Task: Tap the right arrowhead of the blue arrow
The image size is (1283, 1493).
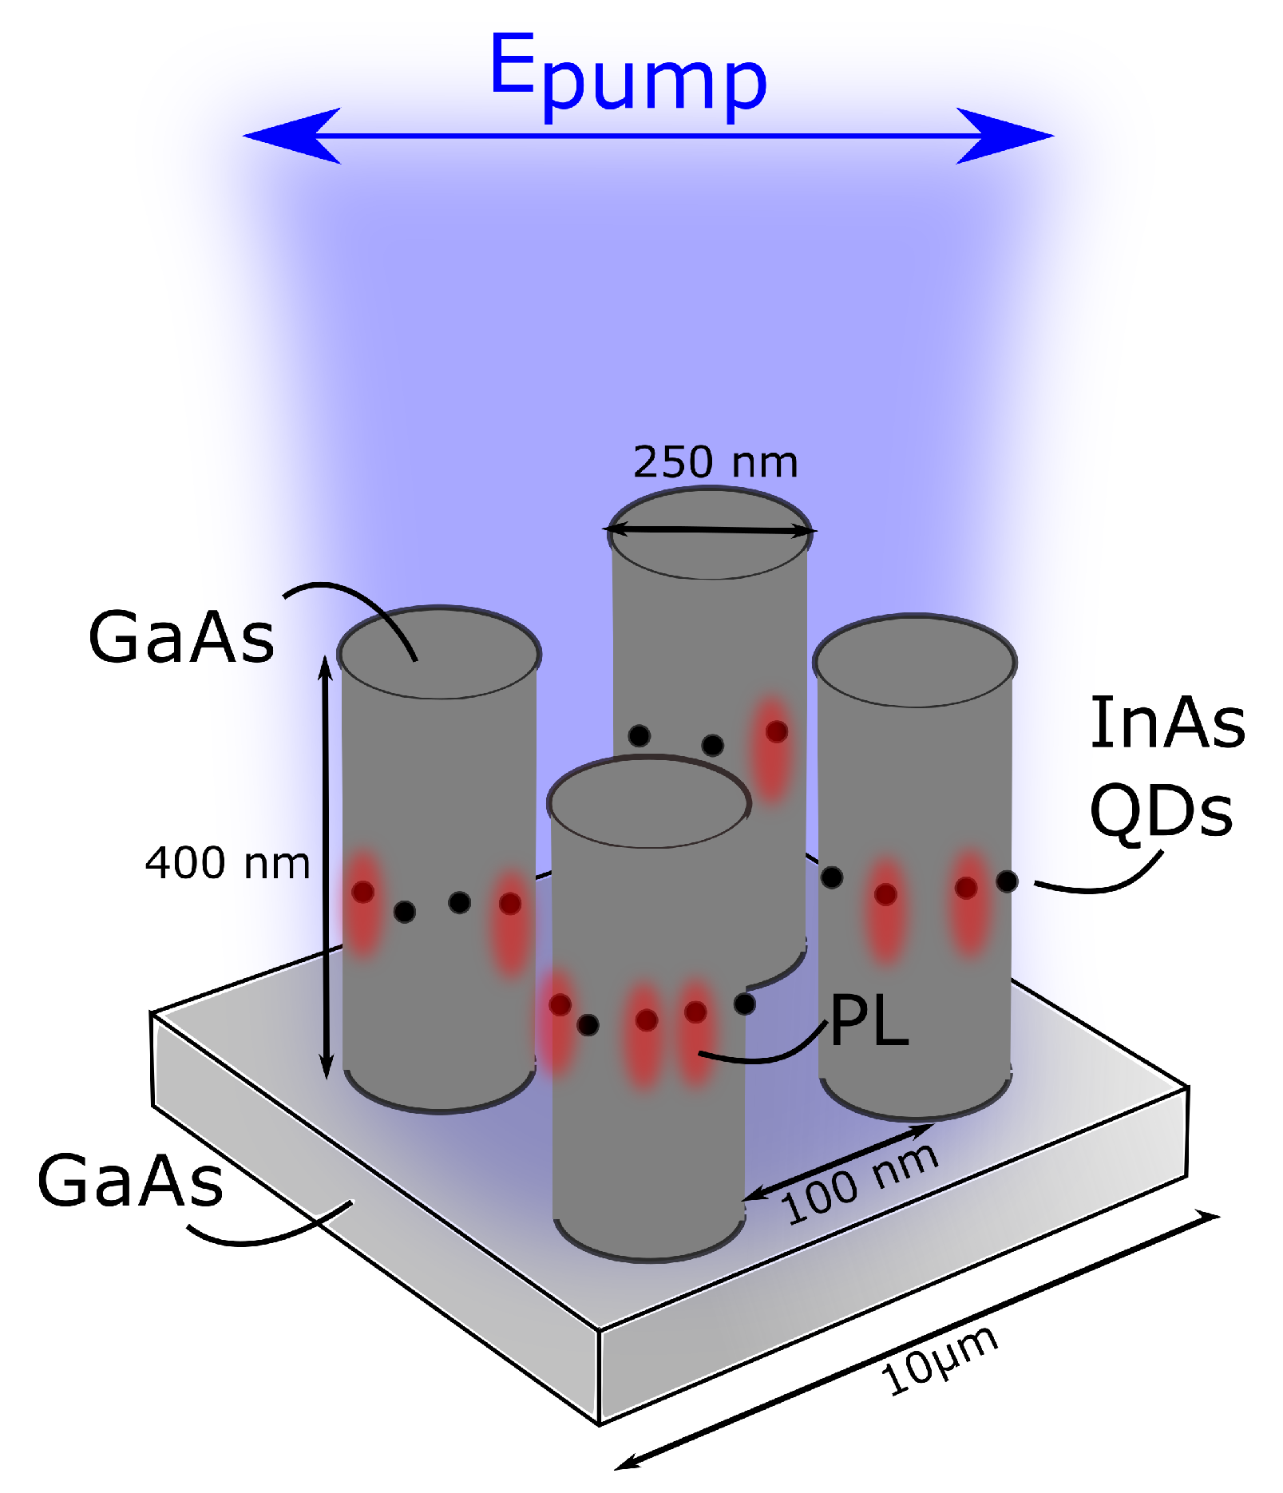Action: pyautogui.click(x=1006, y=136)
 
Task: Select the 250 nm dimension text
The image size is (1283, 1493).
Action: pyautogui.click(x=715, y=463)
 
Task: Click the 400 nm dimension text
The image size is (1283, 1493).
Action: pyautogui.click(x=228, y=864)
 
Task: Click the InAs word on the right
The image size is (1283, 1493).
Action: pyautogui.click(x=1167, y=723)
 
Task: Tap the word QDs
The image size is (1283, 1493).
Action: pyautogui.click(x=1161, y=810)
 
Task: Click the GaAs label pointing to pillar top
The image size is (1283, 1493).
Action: pyautogui.click(x=181, y=637)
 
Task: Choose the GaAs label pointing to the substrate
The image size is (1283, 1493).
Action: pyautogui.click(x=130, y=1182)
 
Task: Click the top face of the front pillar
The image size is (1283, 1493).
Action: pyautogui.click(x=648, y=804)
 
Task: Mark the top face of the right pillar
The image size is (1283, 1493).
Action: pyautogui.click(x=914, y=661)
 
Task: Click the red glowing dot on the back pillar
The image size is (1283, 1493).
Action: pyautogui.click(x=776, y=731)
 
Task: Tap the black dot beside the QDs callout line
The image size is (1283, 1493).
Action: pyautogui.click(x=1007, y=881)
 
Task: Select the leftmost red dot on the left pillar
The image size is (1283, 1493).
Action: pyautogui.click(x=362, y=892)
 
